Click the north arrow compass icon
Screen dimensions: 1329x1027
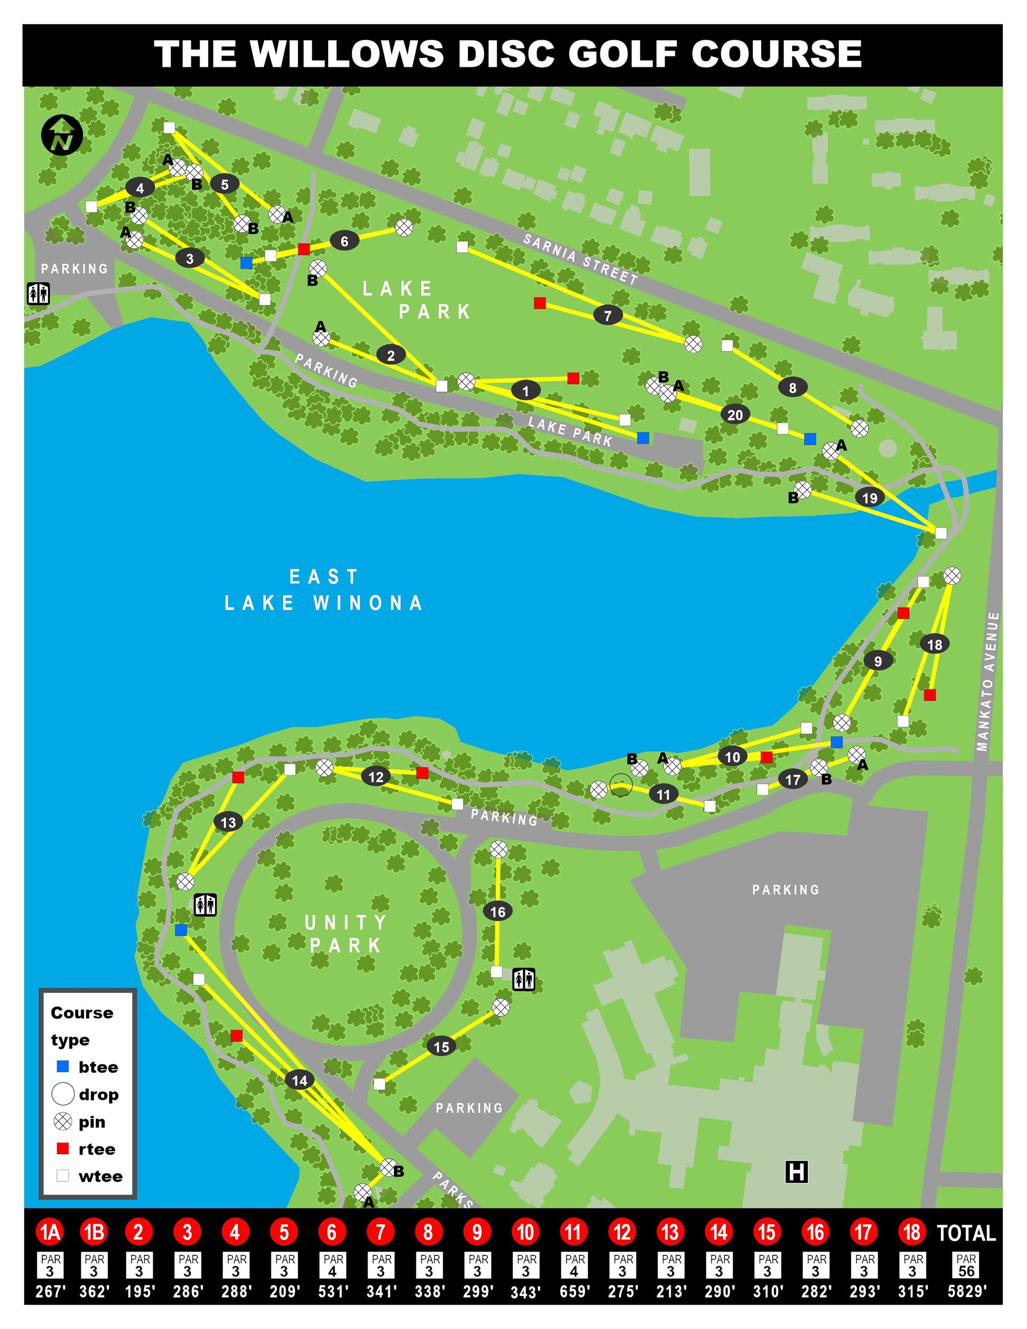(62, 135)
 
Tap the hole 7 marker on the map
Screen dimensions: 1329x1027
(607, 315)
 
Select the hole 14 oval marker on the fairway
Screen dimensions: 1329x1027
(300, 1080)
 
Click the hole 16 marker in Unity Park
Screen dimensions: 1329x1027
(498, 911)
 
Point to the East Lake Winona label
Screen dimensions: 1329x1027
(324, 590)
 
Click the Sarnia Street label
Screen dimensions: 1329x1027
(580, 259)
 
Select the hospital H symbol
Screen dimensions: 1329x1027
(796, 1172)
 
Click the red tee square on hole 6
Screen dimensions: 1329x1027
(304, 248)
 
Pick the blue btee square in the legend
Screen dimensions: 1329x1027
(63, 1066)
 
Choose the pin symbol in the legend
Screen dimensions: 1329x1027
(63, 1121)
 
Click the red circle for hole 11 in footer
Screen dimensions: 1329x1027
(573, 1232)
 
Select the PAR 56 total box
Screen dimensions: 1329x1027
(966, 1266)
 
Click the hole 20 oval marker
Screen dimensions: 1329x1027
(735, 415)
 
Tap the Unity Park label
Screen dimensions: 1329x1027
(345, 934)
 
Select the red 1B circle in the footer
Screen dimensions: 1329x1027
(94, 1232)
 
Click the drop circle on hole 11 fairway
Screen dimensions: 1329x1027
(621, 785)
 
